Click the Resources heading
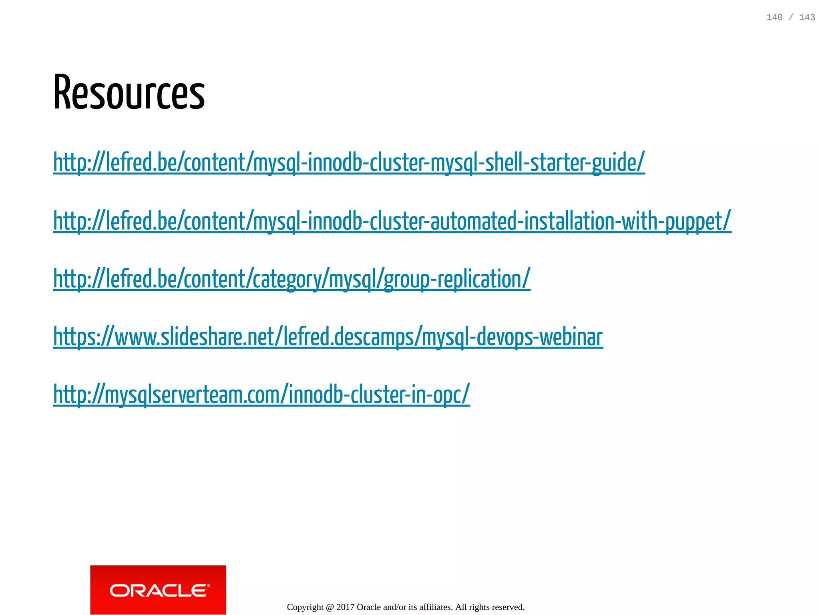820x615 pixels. [x=129, y=93]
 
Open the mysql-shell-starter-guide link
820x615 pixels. [x=348, y=162]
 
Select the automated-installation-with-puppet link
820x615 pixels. [x=392, y=221]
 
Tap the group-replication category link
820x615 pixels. [x=291, y=279]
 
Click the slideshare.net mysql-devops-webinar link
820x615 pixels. [x=328, y=337]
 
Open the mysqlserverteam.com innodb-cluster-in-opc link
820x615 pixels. [x=261, y=395]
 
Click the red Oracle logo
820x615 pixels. [x=158, y=589]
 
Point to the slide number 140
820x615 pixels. [x=774, y=17]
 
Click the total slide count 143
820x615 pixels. [x=807, y=17]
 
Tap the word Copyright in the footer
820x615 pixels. [x=305, y=607]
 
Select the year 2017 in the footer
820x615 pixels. [x=345, y=607]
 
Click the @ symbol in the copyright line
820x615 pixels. [x=330, y=607]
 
